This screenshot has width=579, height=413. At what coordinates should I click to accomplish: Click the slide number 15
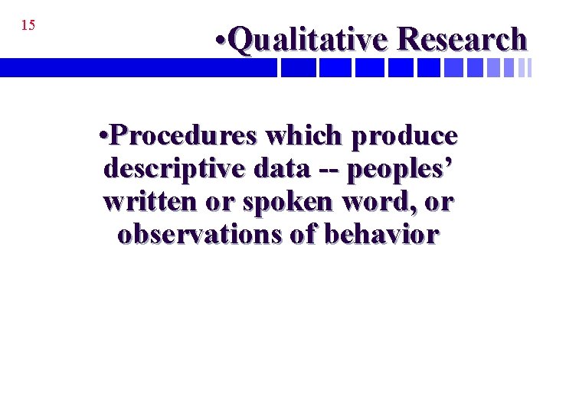[x=28, y=25]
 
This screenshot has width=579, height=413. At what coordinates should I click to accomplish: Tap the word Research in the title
[x=463, y=39]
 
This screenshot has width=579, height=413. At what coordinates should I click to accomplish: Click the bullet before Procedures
[x=104, y=136]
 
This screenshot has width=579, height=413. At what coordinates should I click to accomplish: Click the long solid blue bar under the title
[x=138, y=69]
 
